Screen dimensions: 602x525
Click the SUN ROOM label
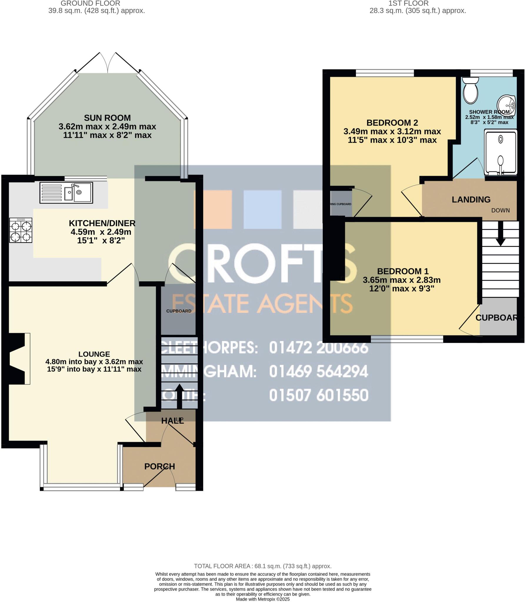(x=107, y=118)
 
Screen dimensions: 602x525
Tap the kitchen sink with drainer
(x=66, y=193)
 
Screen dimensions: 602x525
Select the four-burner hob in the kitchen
(x=21, y=230)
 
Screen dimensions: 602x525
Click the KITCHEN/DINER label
(x=102, y=223)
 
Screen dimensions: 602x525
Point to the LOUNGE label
(x=94, y=354)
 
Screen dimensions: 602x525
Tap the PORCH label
(x=159, y=466)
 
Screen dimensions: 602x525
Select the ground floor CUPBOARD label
(x=179, y=311)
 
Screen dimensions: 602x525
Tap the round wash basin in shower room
(x=506, y=105)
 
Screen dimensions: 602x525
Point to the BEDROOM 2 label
(x=392, y=123)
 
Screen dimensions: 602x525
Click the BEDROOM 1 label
(x=403, y=271)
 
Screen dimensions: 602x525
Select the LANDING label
(x=471, y=200)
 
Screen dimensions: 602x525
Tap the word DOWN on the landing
(x=500, y=210)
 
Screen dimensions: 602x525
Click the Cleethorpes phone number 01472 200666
(x=319, y=348)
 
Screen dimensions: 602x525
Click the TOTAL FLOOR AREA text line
(x=262, y=566)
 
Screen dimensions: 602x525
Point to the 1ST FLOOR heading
(x=409, y=4)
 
